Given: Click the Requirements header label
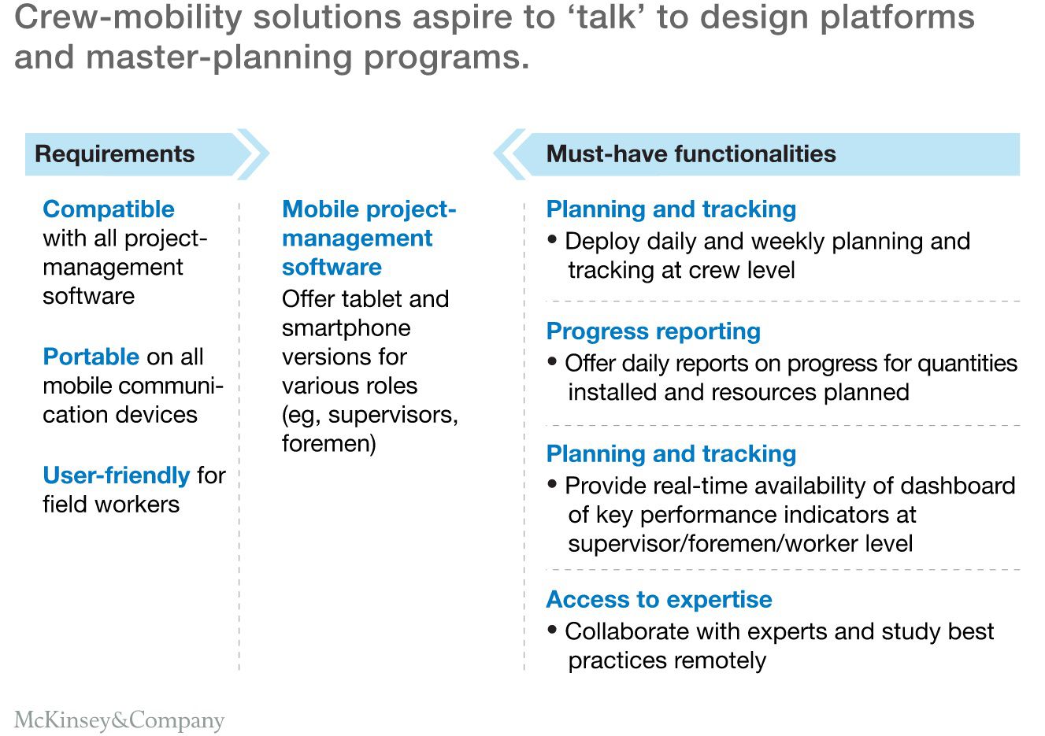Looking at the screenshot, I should tap(114, 153).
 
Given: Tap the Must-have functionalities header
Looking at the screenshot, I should tap(691, 153).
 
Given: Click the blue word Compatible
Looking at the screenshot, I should tap(109, 209).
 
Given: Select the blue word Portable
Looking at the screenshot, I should tap(91, 357).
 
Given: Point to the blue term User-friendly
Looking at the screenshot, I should tap(116, 475).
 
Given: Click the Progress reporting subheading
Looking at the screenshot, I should tap(653, 331).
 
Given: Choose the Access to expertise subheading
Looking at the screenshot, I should tap(658, 600).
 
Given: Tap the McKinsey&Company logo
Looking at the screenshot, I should tap(119, 719).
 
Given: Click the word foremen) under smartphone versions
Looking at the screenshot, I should tap(329, 444).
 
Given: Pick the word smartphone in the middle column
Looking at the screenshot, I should tap(346, 328).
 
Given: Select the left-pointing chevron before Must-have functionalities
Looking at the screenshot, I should tap(510, 153).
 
